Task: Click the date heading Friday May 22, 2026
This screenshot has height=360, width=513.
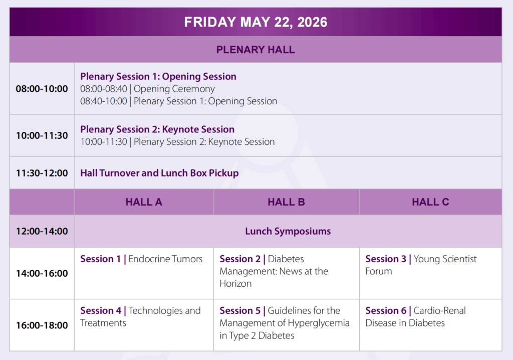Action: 255,22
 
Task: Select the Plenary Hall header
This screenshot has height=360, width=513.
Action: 255,50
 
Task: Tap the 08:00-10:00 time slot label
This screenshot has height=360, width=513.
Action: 42,89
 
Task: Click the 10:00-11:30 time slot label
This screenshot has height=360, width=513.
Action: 42,135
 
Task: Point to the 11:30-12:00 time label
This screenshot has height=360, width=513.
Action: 42,173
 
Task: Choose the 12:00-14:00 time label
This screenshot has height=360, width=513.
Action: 42,231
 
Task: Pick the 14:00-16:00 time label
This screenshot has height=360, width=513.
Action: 42,273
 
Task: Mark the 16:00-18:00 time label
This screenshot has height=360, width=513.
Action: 42,325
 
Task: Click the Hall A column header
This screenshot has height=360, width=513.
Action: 144,202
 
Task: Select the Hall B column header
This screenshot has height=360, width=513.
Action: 286,202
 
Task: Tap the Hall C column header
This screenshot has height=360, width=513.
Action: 430,202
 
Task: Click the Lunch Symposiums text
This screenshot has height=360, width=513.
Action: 288,231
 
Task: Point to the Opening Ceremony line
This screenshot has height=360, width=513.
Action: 148,89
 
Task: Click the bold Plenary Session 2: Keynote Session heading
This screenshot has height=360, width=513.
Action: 157,129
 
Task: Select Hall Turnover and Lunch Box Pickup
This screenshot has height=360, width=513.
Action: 159,173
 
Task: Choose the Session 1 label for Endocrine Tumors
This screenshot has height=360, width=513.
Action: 100,259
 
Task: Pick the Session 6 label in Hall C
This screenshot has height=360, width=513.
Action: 386,310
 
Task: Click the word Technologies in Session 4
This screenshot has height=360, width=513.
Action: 155,310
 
